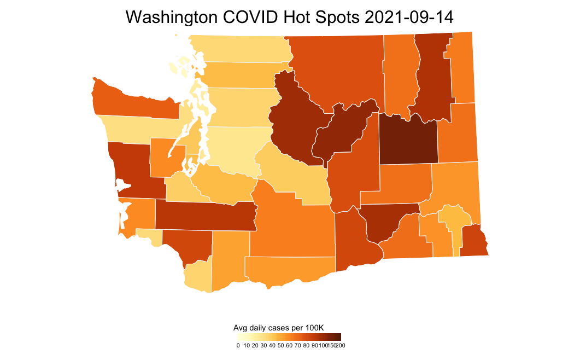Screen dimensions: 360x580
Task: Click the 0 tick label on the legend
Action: coord(238,345)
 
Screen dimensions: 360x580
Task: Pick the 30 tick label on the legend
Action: coord(263,345)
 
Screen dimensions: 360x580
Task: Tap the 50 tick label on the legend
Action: coord(280,345)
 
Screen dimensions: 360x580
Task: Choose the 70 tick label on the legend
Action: coord(297,345)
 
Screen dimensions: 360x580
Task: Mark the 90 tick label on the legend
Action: coord(314,345)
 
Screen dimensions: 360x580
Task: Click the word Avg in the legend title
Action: coord(240,328)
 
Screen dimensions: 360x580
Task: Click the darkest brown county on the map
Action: coord(408,140)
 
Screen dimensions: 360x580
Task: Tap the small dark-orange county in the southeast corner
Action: coord(473,241)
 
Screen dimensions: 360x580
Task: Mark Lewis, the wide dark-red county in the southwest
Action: coord(205,216)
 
